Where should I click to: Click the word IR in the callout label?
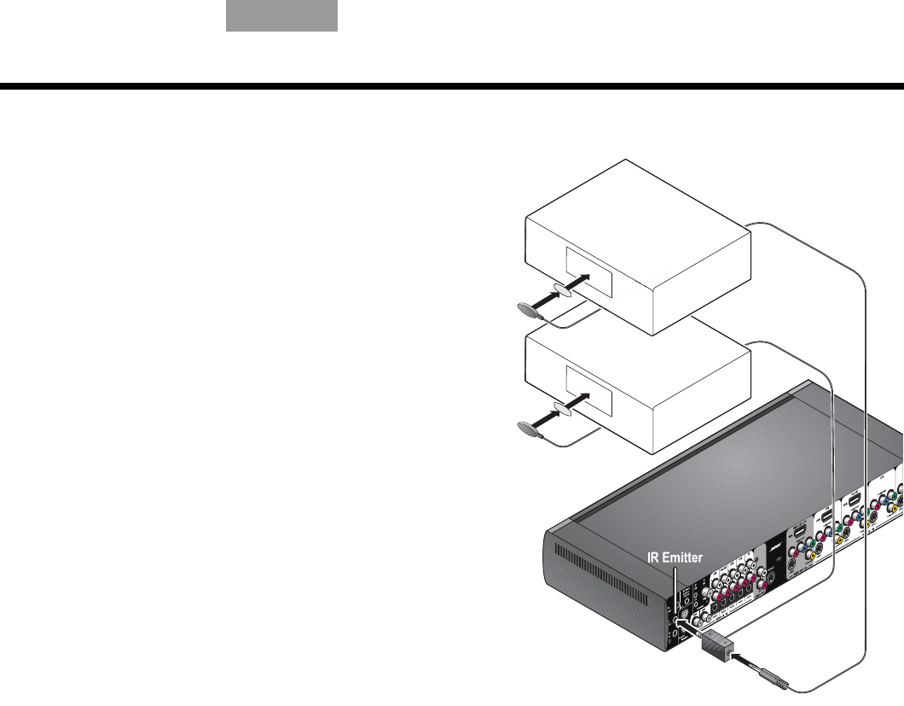pos(651,558)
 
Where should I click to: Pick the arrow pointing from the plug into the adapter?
pos(748,665)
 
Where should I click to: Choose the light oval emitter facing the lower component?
pos(565,408)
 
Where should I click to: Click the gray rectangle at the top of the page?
pos(281,16)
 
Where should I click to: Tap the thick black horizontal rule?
pos(452,86)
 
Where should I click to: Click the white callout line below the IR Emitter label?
pos(675,589)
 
